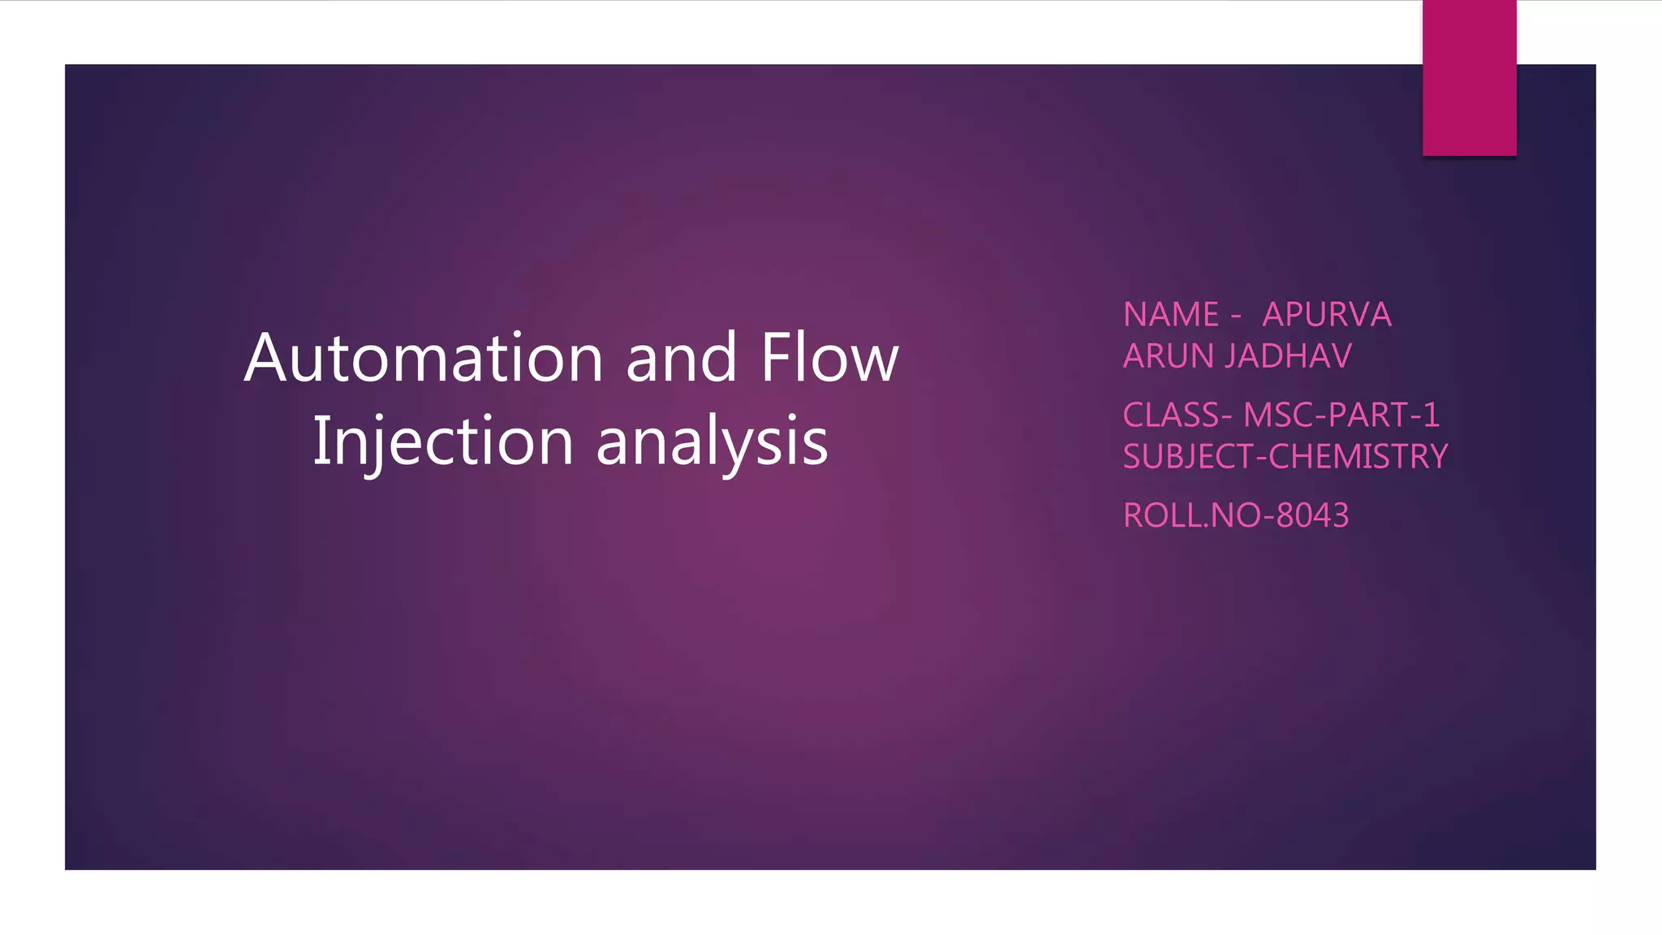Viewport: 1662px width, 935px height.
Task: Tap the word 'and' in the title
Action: tap(681, 358)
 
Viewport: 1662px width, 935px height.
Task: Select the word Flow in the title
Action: tap(829, 358)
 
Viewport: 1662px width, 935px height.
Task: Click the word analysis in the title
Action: tap(712, 441)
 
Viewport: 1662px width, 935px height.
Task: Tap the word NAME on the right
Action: tap(1171, 315)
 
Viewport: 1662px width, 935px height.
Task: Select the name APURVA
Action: tap(1327, 315)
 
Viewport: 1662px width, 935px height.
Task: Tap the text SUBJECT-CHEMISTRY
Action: tap(1285, 457)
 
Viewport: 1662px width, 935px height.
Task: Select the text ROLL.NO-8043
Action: tap(1236, 516)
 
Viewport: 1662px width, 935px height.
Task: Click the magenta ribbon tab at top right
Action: tap(1469, 78)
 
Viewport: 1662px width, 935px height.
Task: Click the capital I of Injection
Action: tap(320, 441)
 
